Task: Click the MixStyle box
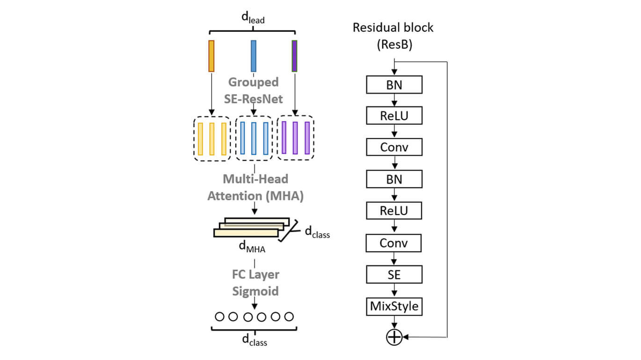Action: [394, 307]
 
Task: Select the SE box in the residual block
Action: [394, 275]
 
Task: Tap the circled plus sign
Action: [394, 337]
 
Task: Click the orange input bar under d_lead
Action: [211, 56]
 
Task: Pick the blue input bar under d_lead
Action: [254, 56]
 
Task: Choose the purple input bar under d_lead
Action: [294, 56]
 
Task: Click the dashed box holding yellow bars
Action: [212, 138]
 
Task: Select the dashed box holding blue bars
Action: [254, 138]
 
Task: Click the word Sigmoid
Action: [255, 291]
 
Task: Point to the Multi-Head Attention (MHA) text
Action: [255, 187]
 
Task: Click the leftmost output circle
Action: [219, 317]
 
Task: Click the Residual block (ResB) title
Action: [393, 36]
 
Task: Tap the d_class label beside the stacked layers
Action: [317, 232]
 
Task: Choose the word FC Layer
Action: [255, 274]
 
